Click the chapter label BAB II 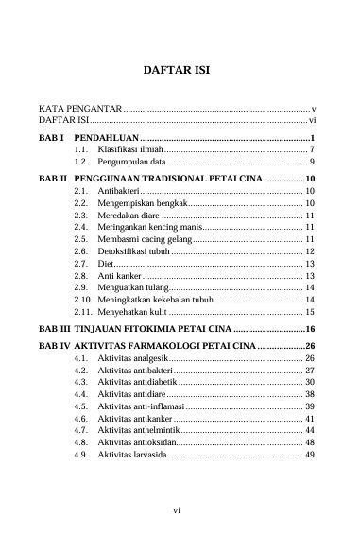pos(52,178)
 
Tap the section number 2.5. pos(81,240)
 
